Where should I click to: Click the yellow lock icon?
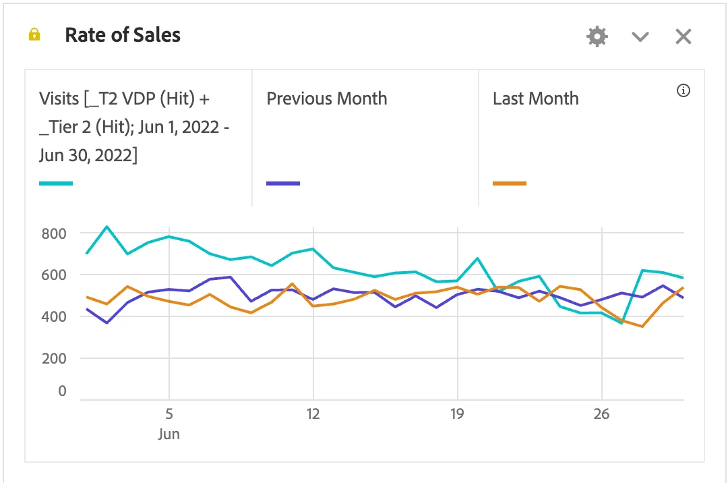click(34, 35)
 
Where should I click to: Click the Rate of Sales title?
click(123, 35)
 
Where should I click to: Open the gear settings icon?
click(597, 36)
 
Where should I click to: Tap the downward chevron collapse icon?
click(640, 37)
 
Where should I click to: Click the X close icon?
click(684, 36)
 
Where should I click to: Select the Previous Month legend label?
click(327, 98)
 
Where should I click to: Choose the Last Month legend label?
click(536, 98)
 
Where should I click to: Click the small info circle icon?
click(684, 90)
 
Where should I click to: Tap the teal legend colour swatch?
click(56, 183)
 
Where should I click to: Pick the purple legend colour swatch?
click(283, 183)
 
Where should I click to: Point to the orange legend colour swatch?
click(510, 183)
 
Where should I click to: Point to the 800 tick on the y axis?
click(53, 234)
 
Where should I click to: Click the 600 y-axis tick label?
click(53, 275)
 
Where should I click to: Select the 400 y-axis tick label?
click(53, 316)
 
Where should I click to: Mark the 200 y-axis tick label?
click(53, 358)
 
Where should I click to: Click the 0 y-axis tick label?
click(62, 391)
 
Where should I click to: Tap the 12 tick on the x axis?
click(313, 414)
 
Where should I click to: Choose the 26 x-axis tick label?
click(602, 414)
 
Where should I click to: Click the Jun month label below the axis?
click(169, 434)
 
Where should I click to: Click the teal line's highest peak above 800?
click(107, 227)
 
